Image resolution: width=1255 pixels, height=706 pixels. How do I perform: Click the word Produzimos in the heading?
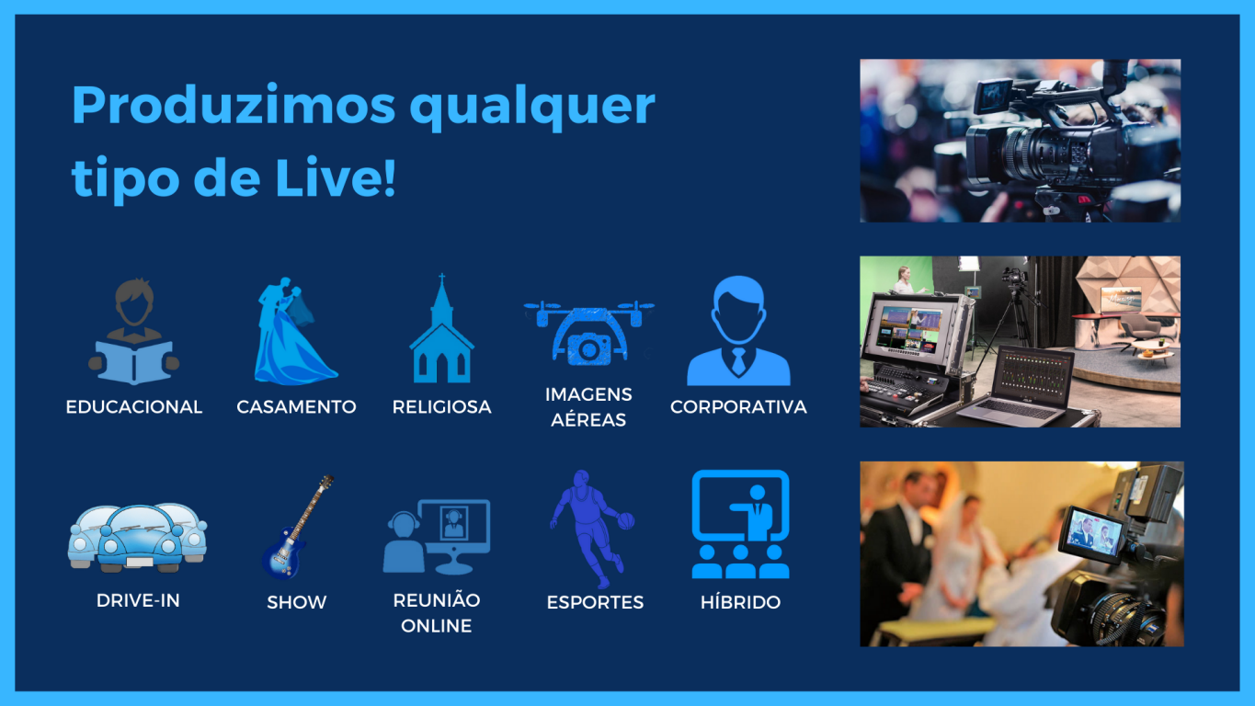[x=234, y=105]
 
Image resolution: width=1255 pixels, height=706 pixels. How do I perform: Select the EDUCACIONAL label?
[x=134, y=407]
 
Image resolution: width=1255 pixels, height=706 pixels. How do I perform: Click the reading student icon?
[x=134, y=331]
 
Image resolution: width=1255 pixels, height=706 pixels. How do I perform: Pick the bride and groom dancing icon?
[x=293, y=331]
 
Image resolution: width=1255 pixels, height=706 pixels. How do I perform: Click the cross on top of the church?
[x=442, y=279]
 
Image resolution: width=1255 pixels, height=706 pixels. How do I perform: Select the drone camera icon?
[x=588, y=333]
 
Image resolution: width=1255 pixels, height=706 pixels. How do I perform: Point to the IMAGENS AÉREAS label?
[x=588, y=407]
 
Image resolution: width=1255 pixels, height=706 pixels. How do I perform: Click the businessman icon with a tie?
[x=738, y=331]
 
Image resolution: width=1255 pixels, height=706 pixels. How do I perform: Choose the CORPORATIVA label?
[x=738, y=407]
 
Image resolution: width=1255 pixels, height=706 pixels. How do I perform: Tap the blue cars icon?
[x=138, y=538]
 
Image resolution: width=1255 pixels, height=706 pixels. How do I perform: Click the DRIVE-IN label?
[x=138, y=600]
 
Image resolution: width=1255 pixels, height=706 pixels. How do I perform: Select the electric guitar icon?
[x=297, y=528]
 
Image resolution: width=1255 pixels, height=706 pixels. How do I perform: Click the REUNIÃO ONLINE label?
[x=437, y=613]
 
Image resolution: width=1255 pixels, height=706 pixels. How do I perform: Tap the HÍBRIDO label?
[x=740, y=602]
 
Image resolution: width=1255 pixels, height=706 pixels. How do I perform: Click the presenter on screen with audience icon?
[x=740, y=524]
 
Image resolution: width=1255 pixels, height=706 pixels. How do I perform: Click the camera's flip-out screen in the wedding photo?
[x=1091, y=533]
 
